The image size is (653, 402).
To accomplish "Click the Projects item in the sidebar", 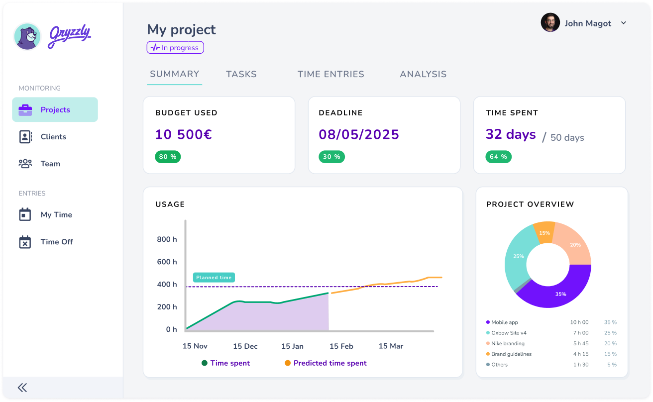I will (x=55, y=110).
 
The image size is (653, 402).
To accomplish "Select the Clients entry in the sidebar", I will (x=53, y=137).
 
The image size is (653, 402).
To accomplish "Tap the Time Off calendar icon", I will (x=25, y=242).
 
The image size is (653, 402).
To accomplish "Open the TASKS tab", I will (x=241, y=74).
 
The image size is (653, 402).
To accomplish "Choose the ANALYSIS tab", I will (x=423, y=74).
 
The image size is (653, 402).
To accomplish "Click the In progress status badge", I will (x=175, y=48).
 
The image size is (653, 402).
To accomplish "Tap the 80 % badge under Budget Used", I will (x=168, y=157).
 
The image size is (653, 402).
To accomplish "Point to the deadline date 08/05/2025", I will (x=359, y=134).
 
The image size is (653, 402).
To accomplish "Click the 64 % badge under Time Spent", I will (x=498, y=157).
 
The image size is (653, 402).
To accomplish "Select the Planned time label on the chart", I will (x=214, y=278).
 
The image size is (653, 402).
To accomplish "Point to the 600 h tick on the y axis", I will (x=167, y=262).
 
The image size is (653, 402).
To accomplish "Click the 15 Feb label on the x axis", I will (x=341, y=346).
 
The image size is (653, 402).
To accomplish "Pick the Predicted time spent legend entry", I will (x=330, y=363).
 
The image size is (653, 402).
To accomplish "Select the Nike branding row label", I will (x=508, y=343).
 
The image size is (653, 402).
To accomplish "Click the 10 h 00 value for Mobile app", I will (x=579, y=322).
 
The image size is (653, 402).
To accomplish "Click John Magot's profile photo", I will (x=550, y=23).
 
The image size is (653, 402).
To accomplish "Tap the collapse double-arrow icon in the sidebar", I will (x=22, y=388).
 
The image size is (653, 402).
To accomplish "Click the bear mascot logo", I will (x=27, y=36).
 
